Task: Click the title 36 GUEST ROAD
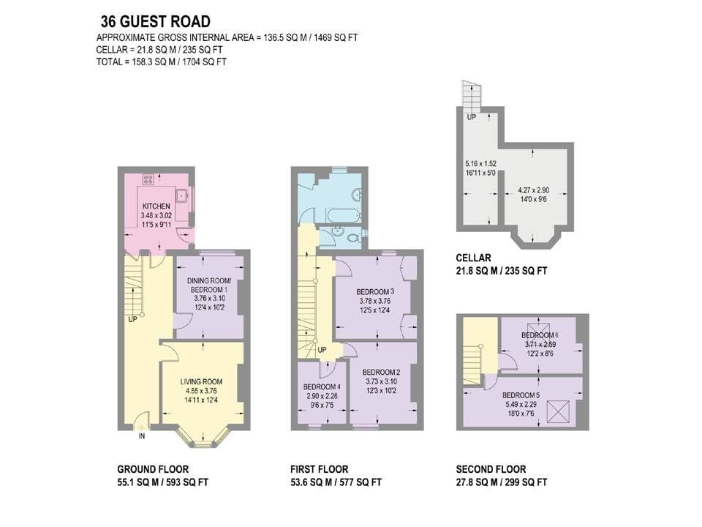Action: pyautogui.click(x=155, y=21)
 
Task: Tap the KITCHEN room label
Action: pyautogui.click(x=156, y=206)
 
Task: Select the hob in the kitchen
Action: pyautogui.click(x=148, y=179)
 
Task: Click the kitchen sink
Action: pyautogui.click(x=181, y=196)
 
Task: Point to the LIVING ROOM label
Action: pyautogui.click(x=202, y=382)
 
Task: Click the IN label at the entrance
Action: pyautogui.click(x=142, y=436)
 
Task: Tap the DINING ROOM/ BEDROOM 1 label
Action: pyautogui.click(x=208, y=285)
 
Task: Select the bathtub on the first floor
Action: pyautogui.click(x=344, y=215)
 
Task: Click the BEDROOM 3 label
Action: pyautogui.click(x=375, y=292)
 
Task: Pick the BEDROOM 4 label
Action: pyautogui.click(x=322, y=386)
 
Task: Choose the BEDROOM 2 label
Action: pyautogui.click(x=382, y=372)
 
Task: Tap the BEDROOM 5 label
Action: pyautogui.click(x=521, y=395)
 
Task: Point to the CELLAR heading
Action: pyautogui.click(x=473, y=258)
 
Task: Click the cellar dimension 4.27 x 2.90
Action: pyautogui.click(x=532, y=190)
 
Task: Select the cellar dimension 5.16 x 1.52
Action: pyautogui.click(x=480, y=163)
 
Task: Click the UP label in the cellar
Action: pyautogui.click(x=472, y=117)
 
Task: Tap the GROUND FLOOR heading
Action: pyautogui.click(x=153, y=469)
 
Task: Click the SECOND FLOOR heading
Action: pyautogui.click(x=491, y=469)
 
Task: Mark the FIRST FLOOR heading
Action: pyautogui.click(x=320, y=469)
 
